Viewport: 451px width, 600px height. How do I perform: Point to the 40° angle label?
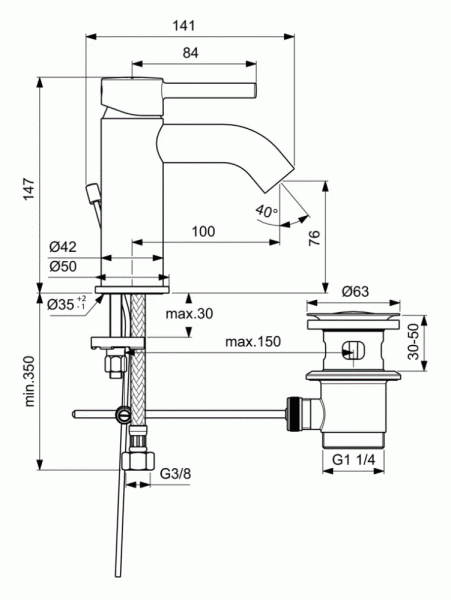pyautogui.click(x=266, y=211)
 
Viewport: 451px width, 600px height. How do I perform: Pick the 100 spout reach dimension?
pyautogui.click(x=204, y=232)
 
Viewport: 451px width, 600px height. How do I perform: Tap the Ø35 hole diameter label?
pyautogui.click(x=68, y=304)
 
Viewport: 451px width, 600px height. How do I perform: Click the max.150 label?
pyautogui.click(x=253, y=341)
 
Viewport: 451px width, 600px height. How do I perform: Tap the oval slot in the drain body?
pyautogui.click(x=351, y=351)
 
